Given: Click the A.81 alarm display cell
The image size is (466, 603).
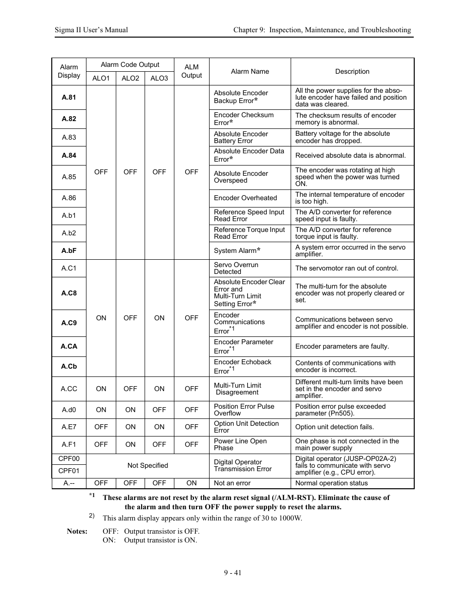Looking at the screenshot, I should pos(69,97).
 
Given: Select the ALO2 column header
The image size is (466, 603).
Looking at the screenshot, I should pos(130,78).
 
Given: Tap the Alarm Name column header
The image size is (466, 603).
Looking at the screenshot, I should pos(250,71).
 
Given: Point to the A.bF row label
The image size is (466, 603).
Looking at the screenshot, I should pos(69,250).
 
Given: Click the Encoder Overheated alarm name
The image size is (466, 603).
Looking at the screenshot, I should pos(245,198).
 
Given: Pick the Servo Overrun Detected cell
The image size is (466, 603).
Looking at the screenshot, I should pos(236,268).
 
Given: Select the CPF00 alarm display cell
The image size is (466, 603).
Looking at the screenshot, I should pos(69,459).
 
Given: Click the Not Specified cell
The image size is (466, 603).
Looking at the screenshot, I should pos(148,466).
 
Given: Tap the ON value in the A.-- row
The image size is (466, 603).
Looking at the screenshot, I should pos(191,483).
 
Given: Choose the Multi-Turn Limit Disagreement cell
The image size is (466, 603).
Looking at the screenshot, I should pos(237,389).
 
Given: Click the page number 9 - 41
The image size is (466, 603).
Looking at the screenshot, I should pos(233,573).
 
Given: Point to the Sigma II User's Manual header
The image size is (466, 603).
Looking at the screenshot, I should pos(91,30).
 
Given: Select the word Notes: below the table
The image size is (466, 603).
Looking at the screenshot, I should pos(77,531).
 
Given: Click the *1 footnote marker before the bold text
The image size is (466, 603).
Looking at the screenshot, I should pos(92,496).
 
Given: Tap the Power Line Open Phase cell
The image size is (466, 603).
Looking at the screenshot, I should pos(240,444).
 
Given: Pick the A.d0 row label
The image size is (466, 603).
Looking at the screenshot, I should pos(69,410).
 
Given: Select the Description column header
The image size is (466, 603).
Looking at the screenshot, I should pos(352,71).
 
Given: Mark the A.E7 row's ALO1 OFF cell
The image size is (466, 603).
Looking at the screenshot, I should pos(101,427).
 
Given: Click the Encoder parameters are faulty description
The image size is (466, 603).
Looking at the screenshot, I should pos(342,346).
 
